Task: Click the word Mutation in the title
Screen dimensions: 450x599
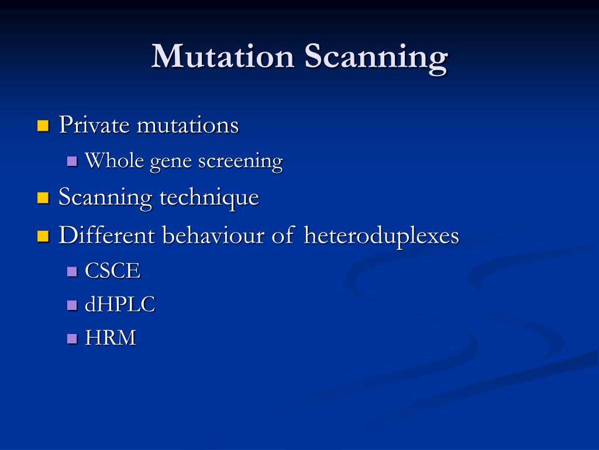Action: [x=223, y=57]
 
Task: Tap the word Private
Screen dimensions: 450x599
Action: [x=94, y=125]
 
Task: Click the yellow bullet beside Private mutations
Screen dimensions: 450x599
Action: [x=42, y=125]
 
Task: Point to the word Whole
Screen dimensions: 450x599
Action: [x=115, y=161]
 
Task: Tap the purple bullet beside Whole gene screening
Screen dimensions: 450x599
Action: [x=73, y=161]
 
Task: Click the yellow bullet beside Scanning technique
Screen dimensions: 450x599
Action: [x=42, y=198]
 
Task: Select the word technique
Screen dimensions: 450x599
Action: [x=209, y=198]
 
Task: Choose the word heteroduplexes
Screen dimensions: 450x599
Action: [x=381, y=237]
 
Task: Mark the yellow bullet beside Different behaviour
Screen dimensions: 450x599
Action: [x=42, y=236]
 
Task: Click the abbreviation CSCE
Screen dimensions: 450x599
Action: [x=113, y=271]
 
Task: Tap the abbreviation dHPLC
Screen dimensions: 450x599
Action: [x=120, y=305]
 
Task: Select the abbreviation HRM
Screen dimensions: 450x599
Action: [x=111, y=338]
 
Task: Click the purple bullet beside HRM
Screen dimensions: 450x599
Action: [x=73, y=338]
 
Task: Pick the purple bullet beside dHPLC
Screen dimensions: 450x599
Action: [x=73, y=305]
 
